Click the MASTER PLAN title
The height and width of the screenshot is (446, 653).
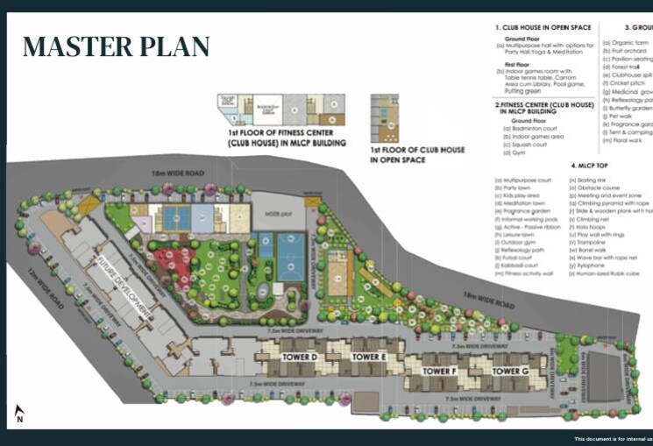(116, 46)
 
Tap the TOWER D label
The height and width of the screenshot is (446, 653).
(299, 358)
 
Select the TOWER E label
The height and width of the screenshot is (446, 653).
(369, 358)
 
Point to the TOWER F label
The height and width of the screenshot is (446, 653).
(440, 372)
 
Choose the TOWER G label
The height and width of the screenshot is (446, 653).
(509, 372)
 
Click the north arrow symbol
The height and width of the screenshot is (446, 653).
(18, 414)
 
